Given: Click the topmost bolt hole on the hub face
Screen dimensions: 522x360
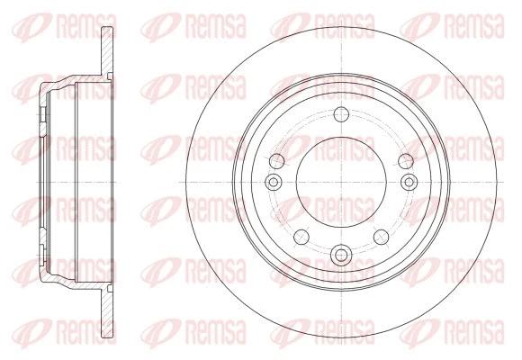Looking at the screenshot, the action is [x=341, y=114].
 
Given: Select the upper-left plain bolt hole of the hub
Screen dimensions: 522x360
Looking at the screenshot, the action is [x=276, y=161].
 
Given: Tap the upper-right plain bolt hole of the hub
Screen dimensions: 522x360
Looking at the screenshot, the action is [x=406, y=161].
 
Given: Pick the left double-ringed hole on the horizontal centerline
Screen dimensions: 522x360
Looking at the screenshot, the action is [x=274, y=182].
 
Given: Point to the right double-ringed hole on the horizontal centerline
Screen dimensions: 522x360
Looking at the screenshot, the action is [x=409, y=182].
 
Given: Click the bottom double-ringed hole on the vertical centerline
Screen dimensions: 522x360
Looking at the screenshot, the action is [x=341, y=256].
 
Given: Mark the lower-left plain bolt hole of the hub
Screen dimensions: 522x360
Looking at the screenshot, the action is [x=301, y=237].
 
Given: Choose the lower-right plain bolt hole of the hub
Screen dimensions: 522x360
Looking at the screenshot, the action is [x=382, y=237].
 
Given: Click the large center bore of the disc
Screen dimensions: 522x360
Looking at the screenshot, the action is [x=341, y=182].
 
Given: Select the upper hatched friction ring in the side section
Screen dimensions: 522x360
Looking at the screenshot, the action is [x=107, y=50].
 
